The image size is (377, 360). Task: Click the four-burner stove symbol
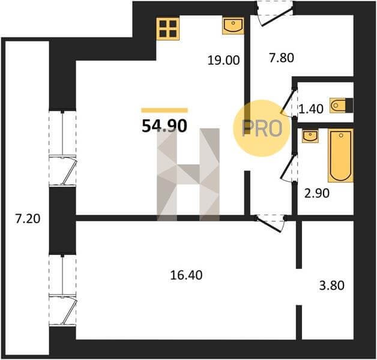click(168, 29)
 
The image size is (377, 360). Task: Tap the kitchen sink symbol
click(233, 25)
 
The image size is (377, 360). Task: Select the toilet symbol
click(341, 105)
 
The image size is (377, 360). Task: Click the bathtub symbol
click(340, 155)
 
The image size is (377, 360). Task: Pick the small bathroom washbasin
click(310, 136)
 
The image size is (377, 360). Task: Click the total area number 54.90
click(164, 126)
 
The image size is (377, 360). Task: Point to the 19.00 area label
click(223, 60)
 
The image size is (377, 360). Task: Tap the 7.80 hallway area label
click(282, 58)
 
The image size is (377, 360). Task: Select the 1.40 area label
click(310, 109)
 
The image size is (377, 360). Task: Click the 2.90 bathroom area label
click(317, 193)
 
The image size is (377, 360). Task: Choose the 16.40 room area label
click(186, 275)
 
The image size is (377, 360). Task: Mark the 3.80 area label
click(332, 286)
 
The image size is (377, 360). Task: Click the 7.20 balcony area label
click(28, 219)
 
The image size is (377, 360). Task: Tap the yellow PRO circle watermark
click(262, 128)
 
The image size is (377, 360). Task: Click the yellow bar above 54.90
click(164, 110)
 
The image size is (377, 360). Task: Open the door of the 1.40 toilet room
click(288, 103)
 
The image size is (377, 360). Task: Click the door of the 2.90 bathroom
click(288, 167)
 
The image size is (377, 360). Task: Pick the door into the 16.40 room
click(270, 223)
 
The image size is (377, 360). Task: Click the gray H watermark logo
click(188, 175)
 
